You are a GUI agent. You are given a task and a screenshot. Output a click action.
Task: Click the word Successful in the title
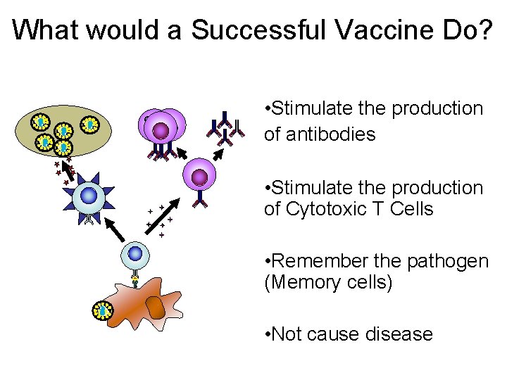pyautogui.click(x=258, y=30)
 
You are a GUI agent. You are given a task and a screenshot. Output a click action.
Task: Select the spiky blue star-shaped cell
pyautogui.click(x=89, y=196)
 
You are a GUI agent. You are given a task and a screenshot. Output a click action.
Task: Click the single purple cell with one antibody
pyautogui.click(x=199, y=175)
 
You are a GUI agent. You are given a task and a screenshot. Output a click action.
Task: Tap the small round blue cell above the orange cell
pyautogui.click(x=134, y=254)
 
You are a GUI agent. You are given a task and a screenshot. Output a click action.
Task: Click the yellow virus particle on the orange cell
pyautogui.click(x=103, y=310)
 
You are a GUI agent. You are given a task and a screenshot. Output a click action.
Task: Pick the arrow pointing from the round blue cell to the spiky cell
pyautogui.click(x=115, y=230)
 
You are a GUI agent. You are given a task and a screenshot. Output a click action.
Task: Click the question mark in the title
pyautogui.click(x=485, y=30)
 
